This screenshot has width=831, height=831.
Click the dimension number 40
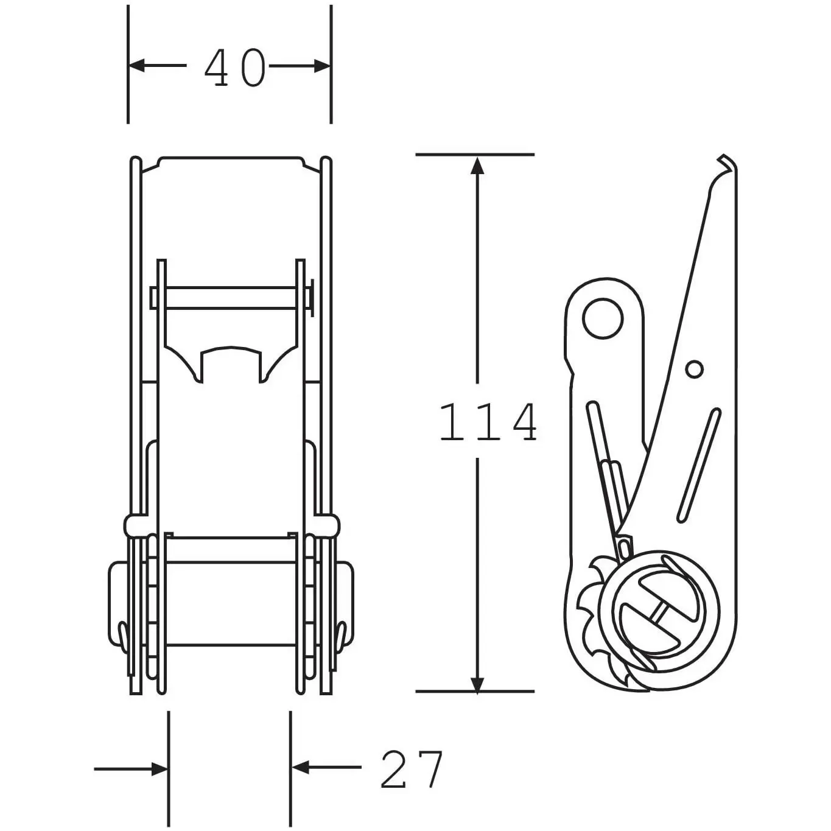pos(234,67)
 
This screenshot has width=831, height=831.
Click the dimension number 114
pos(488,423)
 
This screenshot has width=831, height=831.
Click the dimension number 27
pos(412,770)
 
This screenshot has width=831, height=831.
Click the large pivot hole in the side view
pos(603,318)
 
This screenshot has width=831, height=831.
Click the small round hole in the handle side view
pos(694,369)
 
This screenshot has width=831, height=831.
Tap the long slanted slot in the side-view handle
pos(699,466)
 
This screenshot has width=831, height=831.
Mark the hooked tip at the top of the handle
pos(727,164)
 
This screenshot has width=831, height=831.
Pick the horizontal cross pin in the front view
pos(231,298)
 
